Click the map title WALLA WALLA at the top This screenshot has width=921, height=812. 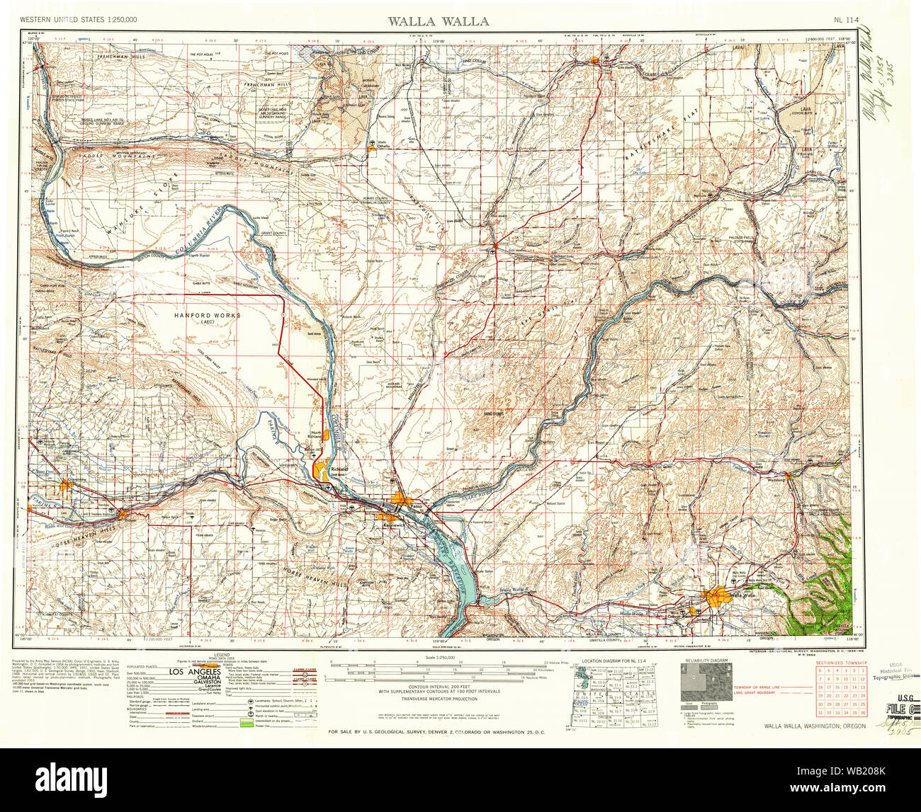click(x=437, y=21)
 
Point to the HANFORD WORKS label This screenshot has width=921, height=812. click(x=207, y=315)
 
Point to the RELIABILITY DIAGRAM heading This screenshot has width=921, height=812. click(x=704, y=661)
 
